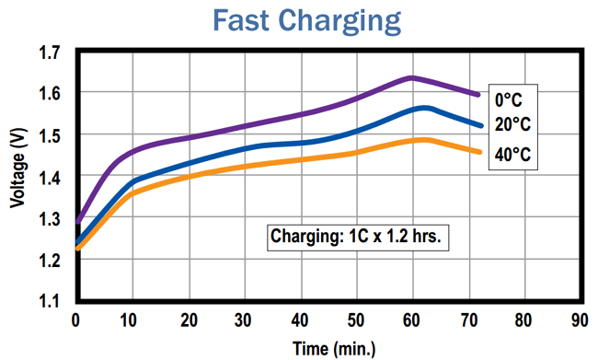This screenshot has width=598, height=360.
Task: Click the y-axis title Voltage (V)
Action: [17, 174]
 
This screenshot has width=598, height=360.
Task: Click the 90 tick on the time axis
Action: [580, 320]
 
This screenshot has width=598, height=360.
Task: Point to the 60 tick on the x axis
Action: [411, 320]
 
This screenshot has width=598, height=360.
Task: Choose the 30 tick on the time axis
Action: [244, 320]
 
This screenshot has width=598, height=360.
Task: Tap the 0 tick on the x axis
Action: [76, 320]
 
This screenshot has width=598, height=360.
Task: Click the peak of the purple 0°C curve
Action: [410, 77]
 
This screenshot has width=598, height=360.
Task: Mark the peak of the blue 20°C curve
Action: [423, 108]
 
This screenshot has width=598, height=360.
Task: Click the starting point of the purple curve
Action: [77, 222]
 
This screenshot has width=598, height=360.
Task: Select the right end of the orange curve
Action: [479, 151]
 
